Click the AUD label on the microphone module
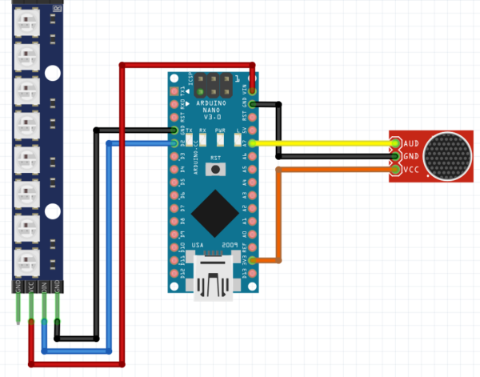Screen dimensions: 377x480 pyautogui.click(x=412, y=142)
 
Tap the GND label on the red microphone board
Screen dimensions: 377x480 pyautogui.click(x=412, y=155)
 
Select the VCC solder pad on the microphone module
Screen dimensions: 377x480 pyautogui.click(x=395, y=169)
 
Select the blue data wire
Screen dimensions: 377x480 pyautogui.click(x=109, y=240)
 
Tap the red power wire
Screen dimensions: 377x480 pyautogui.click(x=121, y=200)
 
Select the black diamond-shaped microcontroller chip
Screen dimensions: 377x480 pyautogui.click(x=214, y=211)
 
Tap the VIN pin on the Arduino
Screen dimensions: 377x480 pyautogui.click(x=253, y=90)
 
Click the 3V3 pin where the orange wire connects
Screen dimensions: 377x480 pyautogui.click(x=253, y=260)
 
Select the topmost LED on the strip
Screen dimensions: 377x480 pyautogui.click(x=26, y=26)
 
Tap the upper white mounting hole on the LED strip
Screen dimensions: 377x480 pyautogui.click(x=53, y=74)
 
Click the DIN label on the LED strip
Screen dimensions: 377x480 pyautogui.click(x=43, y=286)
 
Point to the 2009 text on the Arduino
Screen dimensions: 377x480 pyautogui.click(x=230, y=245)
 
